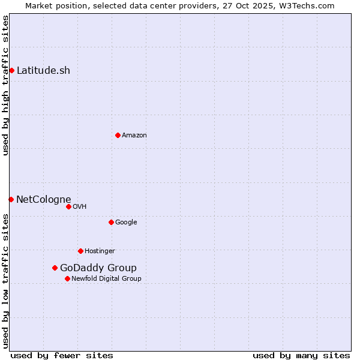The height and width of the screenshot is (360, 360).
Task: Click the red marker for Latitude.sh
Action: tap(11, 70)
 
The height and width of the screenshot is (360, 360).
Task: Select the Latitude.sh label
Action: tap(43, 70)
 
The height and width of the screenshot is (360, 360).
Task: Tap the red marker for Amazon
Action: tap(118, 135)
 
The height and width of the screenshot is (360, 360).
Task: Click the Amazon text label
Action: tap(134, 136)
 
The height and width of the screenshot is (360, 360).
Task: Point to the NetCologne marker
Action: tap(11, 199)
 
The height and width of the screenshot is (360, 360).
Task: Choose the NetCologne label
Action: tap(44, 199)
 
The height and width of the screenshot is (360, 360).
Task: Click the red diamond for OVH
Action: tap(68, 206)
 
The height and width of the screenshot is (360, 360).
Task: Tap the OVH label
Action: tap(80, 207)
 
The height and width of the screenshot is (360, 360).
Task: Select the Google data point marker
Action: tap(111, 222)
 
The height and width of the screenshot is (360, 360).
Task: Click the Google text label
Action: tap(126, 223)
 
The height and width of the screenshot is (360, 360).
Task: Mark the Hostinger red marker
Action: tap(80, 251)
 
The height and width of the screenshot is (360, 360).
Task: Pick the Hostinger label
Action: tap(100, 251)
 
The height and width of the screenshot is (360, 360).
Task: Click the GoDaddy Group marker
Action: tap(55, 268)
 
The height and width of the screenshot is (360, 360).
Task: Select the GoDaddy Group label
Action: tap(98, 268)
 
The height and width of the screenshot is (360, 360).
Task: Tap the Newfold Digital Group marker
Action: tap(67, 278)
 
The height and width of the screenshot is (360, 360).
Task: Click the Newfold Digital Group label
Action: tap(106, 279)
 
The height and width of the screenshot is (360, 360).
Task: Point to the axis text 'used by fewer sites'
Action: tap(62, 355)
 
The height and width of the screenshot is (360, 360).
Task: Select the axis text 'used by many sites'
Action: tap(301, 355)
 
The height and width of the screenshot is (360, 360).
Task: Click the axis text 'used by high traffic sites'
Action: tap(5, 85)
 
